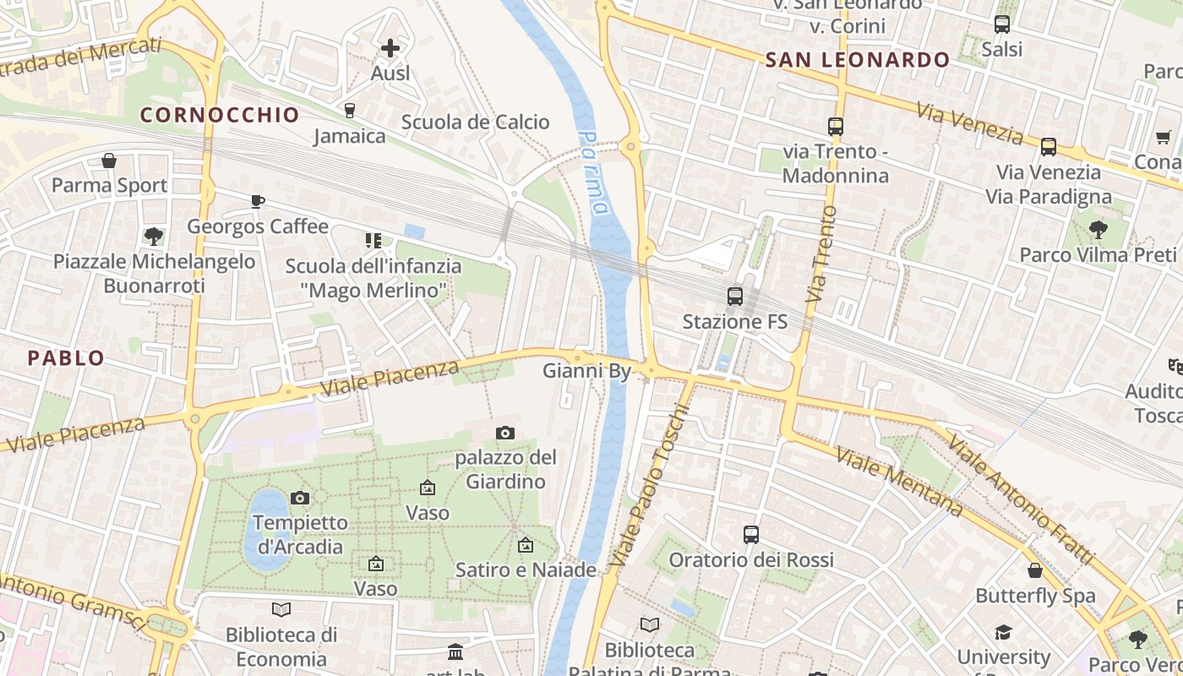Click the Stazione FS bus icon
point(735,297)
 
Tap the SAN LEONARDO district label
point(857,60)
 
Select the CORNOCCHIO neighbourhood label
point(220,115)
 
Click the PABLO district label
point(66,358)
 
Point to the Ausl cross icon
point(390,48)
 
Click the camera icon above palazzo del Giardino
point(505,433)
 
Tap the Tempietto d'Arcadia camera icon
point(299,498)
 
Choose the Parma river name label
point(595,173)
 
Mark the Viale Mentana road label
point(899,482)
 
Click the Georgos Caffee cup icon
point(257,201)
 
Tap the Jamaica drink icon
point(349,110)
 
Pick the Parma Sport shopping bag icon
point(109,161)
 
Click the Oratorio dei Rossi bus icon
point(750,534)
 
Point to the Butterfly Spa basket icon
point(1035,570)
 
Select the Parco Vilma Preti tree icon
point(1098,229)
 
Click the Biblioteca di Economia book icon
point(281,609)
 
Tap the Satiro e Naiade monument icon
point(526,545)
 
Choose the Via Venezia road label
point(970,123)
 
